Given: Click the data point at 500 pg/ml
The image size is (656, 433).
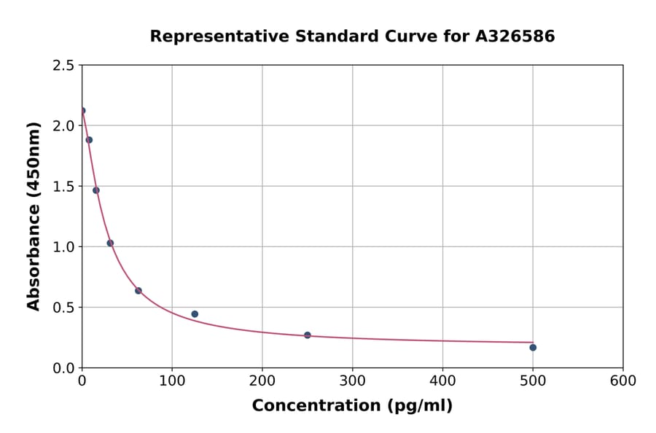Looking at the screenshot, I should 533,347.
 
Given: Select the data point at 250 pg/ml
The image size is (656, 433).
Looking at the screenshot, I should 308,335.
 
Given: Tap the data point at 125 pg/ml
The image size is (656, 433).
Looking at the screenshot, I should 195,314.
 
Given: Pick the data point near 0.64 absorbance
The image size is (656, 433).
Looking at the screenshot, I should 138,291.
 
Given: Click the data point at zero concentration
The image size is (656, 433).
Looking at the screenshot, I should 82,111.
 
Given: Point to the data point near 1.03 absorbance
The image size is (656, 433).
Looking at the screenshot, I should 110,243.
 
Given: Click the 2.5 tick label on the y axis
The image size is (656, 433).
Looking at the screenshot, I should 63,66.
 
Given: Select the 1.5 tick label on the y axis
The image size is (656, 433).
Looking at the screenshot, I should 63,187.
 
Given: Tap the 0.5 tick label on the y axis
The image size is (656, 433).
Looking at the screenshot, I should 63,308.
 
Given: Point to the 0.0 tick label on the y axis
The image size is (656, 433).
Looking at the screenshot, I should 63,368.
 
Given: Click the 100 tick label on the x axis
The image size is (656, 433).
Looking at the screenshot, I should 172,381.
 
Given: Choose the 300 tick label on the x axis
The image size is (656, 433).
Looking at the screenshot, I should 352,381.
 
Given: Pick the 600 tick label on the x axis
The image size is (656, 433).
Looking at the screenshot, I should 623,381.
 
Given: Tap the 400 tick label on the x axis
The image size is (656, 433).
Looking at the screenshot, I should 442,381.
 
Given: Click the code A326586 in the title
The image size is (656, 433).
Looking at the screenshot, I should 515,36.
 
